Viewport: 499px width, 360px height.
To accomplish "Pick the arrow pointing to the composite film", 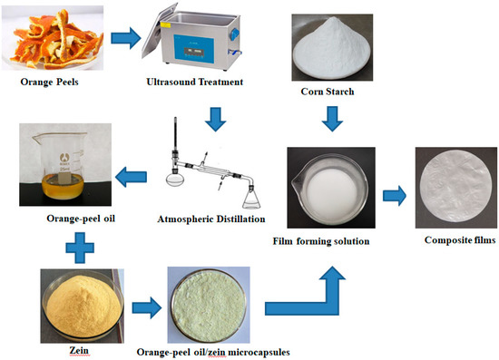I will [x=393, y=193].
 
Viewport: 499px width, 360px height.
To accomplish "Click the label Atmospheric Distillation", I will [x=210, y=219].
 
